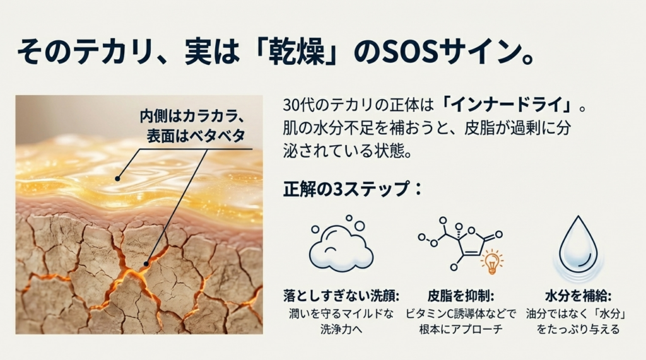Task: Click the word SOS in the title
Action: (x=409, y=53)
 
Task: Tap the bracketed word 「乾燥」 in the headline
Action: (x=295, y=53)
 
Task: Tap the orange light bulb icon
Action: (x=491, y=262)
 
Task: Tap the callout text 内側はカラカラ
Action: (x=190, y=116)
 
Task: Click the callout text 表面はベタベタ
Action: (x=196, y=136)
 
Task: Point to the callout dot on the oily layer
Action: (x=117, y=179)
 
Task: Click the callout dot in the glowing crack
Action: (x=146, y=264)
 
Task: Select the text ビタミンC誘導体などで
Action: (x=461, y=314)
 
